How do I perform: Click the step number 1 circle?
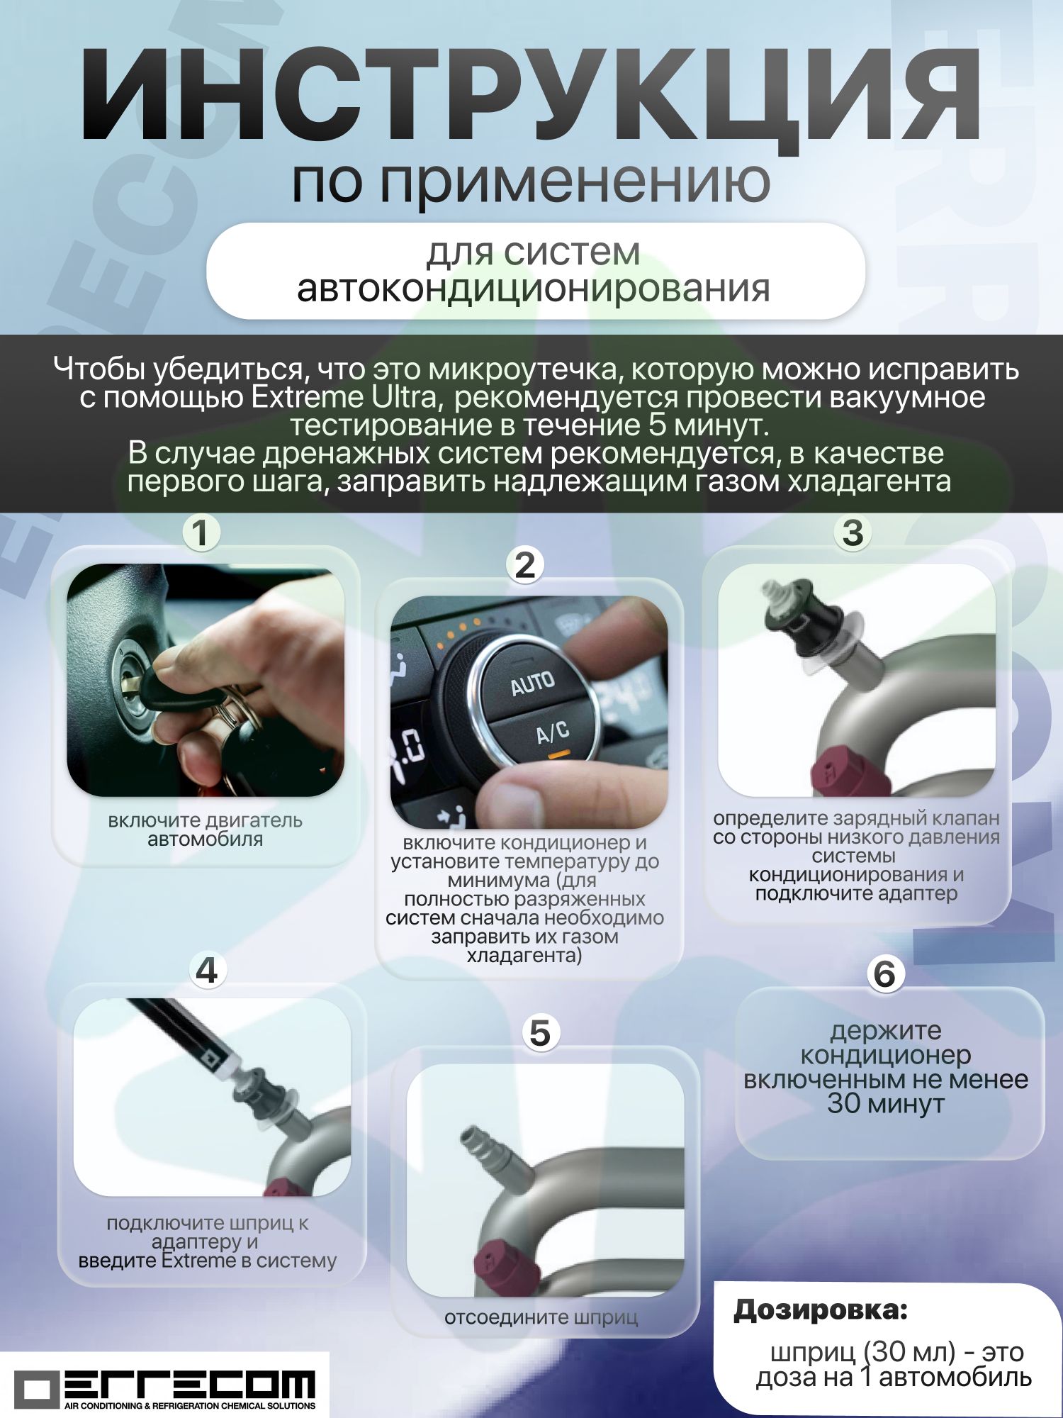tap(201, 532)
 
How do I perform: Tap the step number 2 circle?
tap(525, 565)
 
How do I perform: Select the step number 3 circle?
tap(853, 532)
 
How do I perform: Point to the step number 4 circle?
tap(207, 970)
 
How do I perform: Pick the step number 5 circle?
tap(540, 1033)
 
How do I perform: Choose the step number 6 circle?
tap(885, 974)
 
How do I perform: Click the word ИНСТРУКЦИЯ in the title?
tap(531, 96)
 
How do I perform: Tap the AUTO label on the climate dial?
tap(533, 683)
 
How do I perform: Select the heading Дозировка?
tap(821, 1310)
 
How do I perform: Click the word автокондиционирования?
tap(533, 289)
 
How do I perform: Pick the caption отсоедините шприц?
tap(541, 1317)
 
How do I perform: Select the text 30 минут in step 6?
tap(886, 1104)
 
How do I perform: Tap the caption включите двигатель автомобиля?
tap(205, 830)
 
